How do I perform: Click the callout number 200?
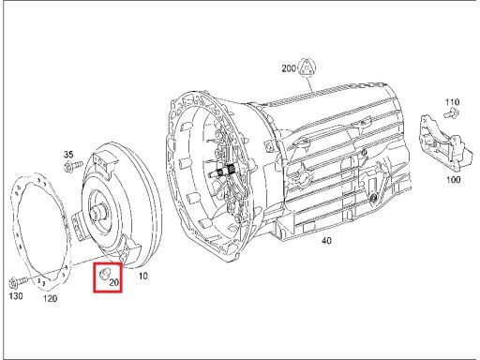(289, 68)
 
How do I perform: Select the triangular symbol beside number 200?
(307, 67)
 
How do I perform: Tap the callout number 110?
(452, 102)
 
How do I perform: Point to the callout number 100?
(453, 179)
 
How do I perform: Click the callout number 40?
(326, 241)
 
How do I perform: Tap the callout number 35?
(68, 154)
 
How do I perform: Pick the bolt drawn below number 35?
(73, 167)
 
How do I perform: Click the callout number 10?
(142, 276)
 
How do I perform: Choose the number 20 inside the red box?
(114, 282)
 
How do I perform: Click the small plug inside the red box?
(103, 274)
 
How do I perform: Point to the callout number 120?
(50, 298)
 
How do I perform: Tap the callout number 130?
(16, 295)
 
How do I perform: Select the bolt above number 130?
(18, 282)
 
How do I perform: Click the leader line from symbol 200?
(309, 83)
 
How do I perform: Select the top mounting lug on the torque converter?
(102, 163)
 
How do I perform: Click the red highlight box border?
(94, 277)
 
